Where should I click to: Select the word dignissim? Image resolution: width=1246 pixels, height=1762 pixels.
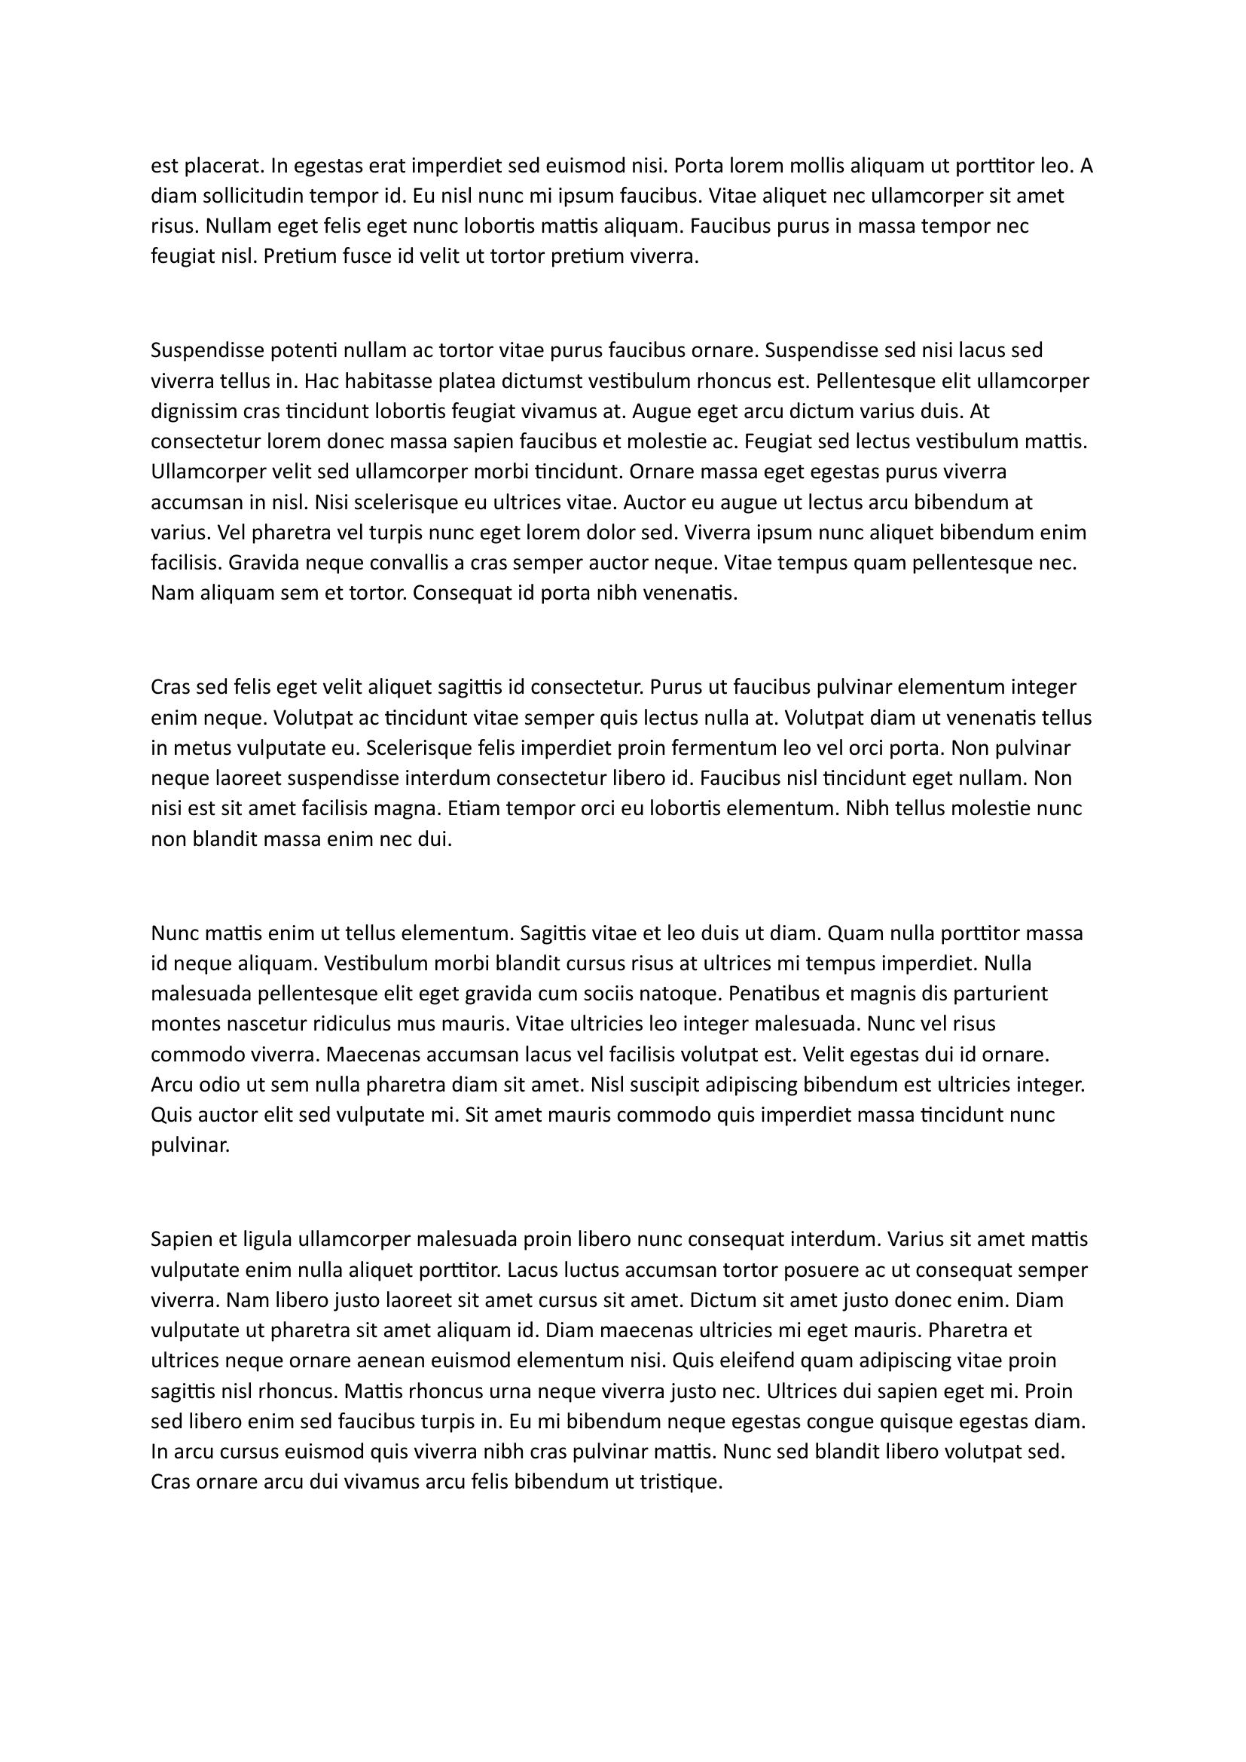tap(194, 411)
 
